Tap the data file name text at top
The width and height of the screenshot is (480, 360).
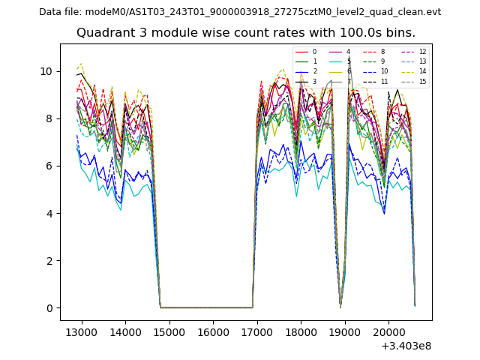[x=240, y=12]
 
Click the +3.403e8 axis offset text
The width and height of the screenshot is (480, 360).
[x=406, y=346]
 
